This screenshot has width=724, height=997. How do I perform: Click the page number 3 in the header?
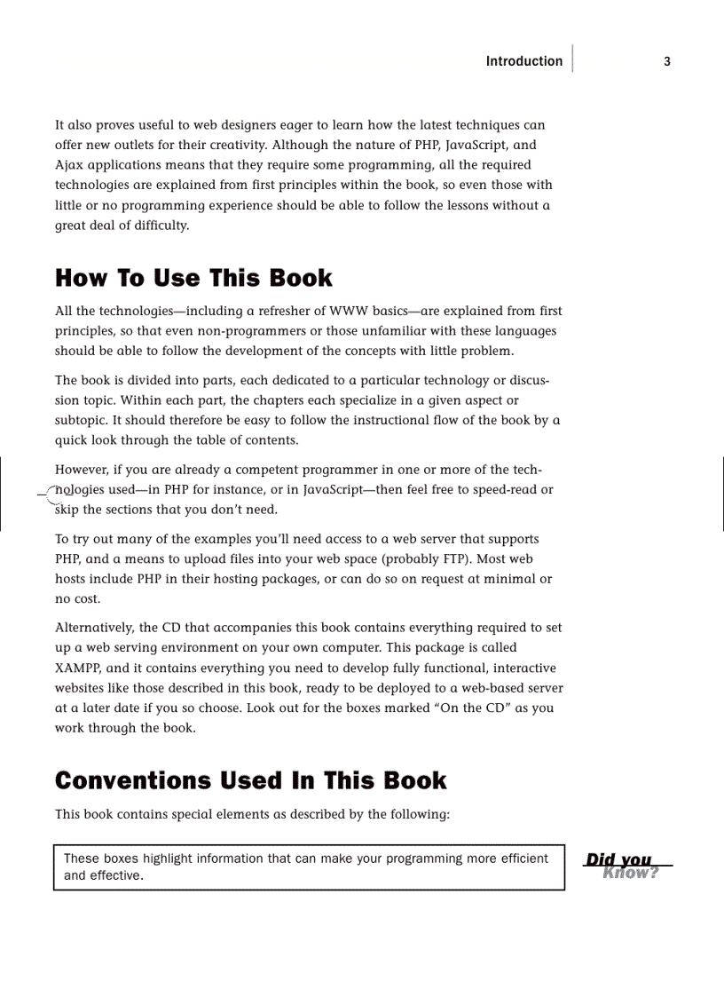pos(666,61)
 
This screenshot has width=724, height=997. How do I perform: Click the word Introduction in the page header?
pos(523,61)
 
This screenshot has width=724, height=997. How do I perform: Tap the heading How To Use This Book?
pos(193,278)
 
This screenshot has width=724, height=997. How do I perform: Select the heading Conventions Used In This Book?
pos(250,780)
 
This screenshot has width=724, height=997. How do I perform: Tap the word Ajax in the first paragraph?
pos(69,165)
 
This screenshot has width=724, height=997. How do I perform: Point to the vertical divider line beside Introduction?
pos(573,59)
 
